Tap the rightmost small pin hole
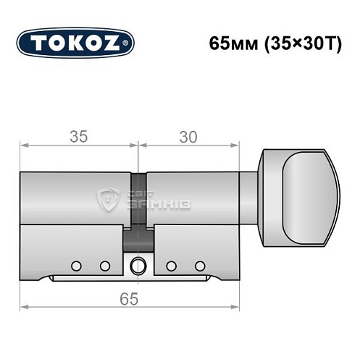pyautogui.click(x=200, y=266)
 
